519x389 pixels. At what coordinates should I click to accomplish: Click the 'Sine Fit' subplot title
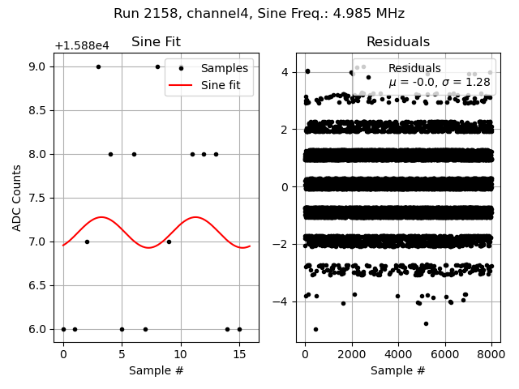coord(156,42)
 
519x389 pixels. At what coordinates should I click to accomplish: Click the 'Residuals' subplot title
coord(397,42)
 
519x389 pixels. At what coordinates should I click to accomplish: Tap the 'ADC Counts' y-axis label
coord(18,198)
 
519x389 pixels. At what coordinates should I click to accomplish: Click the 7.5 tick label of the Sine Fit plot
coord(38,198)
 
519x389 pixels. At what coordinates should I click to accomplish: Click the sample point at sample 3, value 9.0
coord(98,66)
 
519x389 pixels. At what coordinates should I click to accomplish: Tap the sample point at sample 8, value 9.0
coord(157,66)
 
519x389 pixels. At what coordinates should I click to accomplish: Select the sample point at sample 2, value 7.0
coord(87,242)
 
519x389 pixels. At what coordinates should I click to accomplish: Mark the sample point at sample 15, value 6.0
coord(239,329)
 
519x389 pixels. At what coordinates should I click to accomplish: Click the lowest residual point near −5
coord(315,329)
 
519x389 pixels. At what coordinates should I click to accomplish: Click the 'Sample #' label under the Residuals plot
coord(397,370)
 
